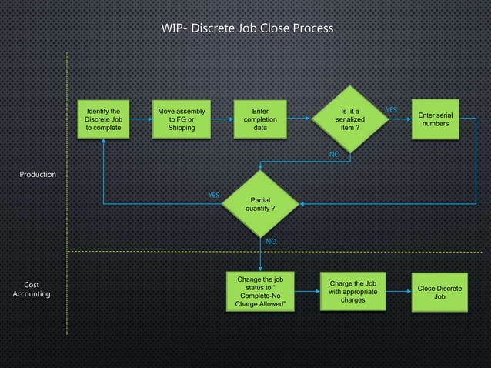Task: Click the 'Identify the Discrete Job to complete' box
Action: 102,119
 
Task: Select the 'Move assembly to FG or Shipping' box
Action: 182,119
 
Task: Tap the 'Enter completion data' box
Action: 260,119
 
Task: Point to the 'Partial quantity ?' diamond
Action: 260,204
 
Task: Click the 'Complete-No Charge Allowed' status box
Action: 260,292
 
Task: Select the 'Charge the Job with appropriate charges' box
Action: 352,291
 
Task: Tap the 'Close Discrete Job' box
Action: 439,293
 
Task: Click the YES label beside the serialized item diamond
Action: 391,111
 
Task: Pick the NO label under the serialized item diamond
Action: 334,155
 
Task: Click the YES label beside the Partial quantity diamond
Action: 214,195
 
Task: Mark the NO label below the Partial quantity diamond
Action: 271,242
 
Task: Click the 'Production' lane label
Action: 38,175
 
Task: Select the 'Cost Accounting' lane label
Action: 32,289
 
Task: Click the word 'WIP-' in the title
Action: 173,28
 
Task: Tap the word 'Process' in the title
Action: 312,28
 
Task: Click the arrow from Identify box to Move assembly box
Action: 142,119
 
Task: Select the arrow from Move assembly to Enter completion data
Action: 222,119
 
